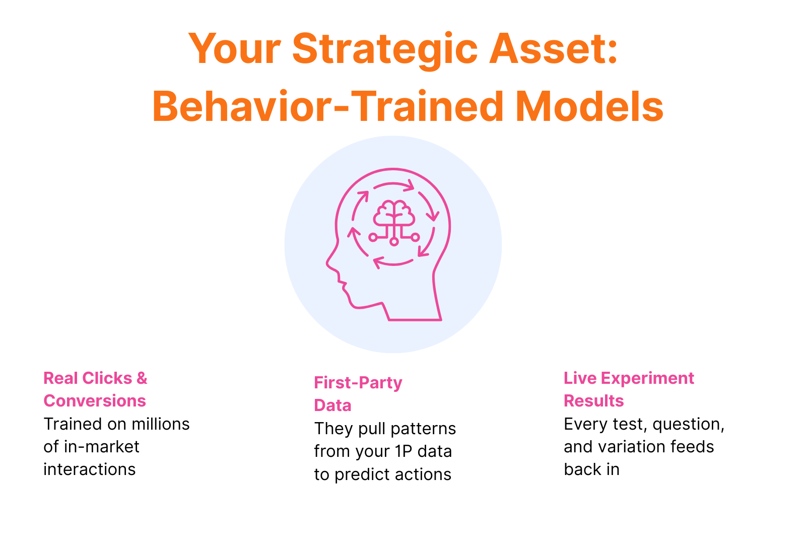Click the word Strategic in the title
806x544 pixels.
pyautogui.click(x=385, y=50)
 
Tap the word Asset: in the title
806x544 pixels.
pyautogui.click(x=554, y=48)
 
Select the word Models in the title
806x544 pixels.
pyautogui.click(x=589, y=106)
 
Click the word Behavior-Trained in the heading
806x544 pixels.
pyautogui.click(x=328, y=106)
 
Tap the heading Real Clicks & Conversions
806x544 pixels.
pyautogui.click(x=95, y=389)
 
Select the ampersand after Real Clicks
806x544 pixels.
pyautogui.click(x=142, y=378)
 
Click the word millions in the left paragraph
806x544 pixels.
pyautogui.click(x=161, y=424)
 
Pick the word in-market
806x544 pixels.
pyautogui.click(x=101, y=447)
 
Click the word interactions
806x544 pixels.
pyautogui.click(x=90, y=469)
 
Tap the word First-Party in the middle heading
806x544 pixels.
pyautogui.click(x=358, y=383)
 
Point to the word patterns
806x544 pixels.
pyautogui.click(x=423, y=429)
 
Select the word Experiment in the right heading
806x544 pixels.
pyautogui.click(x=647, y=379)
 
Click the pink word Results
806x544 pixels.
pyautogui.click(x=594, y=401)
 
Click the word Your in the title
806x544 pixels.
pyautogui.click(x=234, y=49)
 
